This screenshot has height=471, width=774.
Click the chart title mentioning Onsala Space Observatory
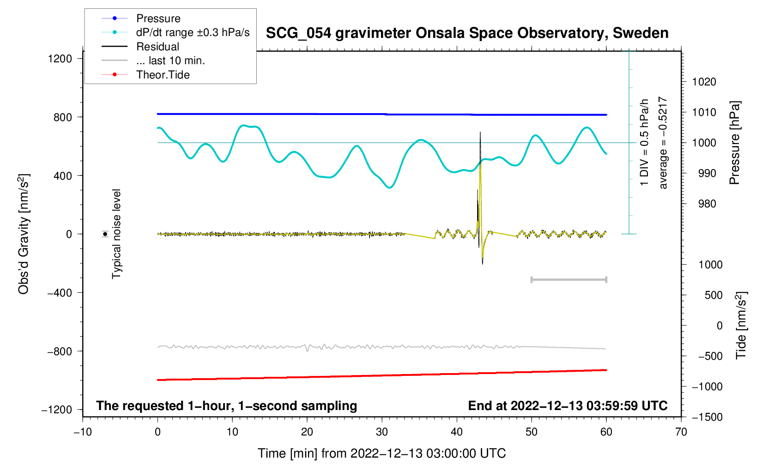pyautogui.click(x=467, y=33)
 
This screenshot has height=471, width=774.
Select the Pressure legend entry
pyautogui.click(x=158, y=18)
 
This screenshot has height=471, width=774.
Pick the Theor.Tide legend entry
pyautogui.click(x=163, y=75)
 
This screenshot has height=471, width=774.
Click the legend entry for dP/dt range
pyautogui.click(x=193, y=32)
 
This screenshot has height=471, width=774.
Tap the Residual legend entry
pyautogui.click(x=157, y=47)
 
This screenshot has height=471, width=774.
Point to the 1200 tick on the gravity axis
pyautogui.click(x=60, y=59)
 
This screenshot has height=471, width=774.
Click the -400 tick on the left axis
pyautogui.click(x=60, y=293)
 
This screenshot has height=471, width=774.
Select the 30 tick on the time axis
pyautogui.click(x=382, y=432)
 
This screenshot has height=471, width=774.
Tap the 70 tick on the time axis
pyautogui.click(x=681, y=432)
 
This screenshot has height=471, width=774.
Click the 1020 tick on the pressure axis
pyautogui.click(x=704, y=82)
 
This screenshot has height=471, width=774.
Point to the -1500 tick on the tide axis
pyautogui.click(x=707, y=417)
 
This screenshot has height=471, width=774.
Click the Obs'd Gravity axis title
pyautogui.click(x=24, y=234)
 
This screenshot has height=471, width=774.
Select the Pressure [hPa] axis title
pyautogui.click(x=735, y=143)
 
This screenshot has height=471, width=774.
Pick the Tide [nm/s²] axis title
pyautogui.click(x=741, y=325)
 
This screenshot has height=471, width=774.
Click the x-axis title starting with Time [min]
pyautogui.click(x=381, y=453)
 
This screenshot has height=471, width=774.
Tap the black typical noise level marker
pyautogui.click(x=105, y=234)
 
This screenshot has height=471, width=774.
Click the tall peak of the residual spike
pyautogui.click(x=480, y=133)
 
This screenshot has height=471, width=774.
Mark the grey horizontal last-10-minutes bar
pyautogui.click(x=568, y=279)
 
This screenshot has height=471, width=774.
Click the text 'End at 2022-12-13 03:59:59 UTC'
pyautogui.click(x=568, y=406)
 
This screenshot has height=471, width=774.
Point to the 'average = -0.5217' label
pyautogui.click(x=663, y=143)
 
